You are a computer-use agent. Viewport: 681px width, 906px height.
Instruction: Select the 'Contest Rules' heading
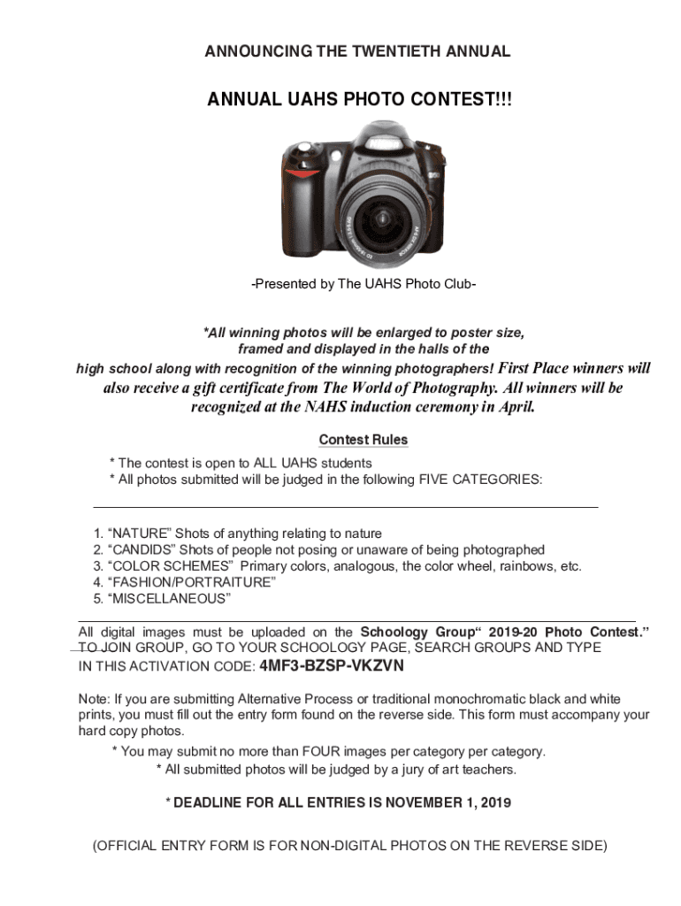pos(363,440)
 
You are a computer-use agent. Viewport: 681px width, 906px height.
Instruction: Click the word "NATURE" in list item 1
pos(139,534)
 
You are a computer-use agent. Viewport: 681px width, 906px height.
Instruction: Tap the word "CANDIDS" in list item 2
pos(142,550)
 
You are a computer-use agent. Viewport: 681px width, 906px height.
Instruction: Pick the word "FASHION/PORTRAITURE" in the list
pos(191,583)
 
